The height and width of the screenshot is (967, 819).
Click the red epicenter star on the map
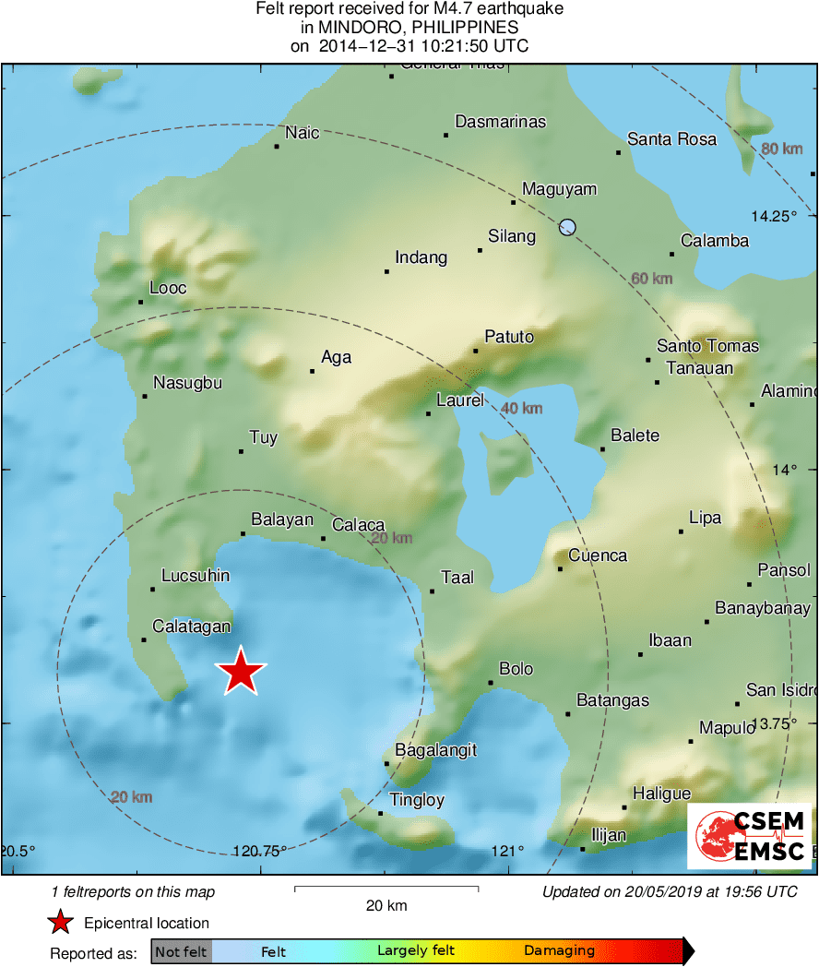(241, 672)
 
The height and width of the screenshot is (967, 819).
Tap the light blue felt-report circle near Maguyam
(567, 227)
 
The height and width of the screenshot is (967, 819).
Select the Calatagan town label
(191, 627)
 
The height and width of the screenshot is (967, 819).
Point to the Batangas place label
(612, 700)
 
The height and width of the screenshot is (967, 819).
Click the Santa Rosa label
(671, 139)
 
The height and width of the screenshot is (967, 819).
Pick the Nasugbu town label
(187, 383)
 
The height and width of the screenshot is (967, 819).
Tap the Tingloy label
(417, 800)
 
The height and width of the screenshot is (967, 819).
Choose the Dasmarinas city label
(501, 122)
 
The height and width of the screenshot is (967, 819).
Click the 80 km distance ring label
(782, 149)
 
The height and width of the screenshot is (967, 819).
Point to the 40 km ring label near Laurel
(522, 408)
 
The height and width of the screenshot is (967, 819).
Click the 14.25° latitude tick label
(773, 217)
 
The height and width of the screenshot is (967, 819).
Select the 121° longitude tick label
(507, 851)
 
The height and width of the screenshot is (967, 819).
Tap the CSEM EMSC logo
(750, 836)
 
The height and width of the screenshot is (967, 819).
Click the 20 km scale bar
(386, 889)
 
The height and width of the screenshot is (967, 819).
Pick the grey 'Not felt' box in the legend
(181, 951)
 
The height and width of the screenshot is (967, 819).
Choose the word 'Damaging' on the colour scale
(559, 950)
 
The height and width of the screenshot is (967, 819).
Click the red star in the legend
(61, 923)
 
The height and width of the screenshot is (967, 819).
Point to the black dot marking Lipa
(681, 531)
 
